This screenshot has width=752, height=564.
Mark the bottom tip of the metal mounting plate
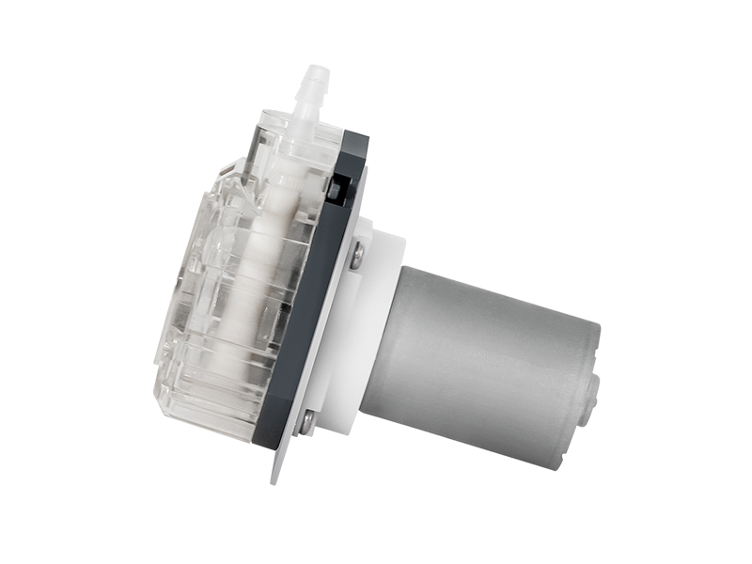(275, 479)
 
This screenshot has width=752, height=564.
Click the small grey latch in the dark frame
(336, 188)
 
